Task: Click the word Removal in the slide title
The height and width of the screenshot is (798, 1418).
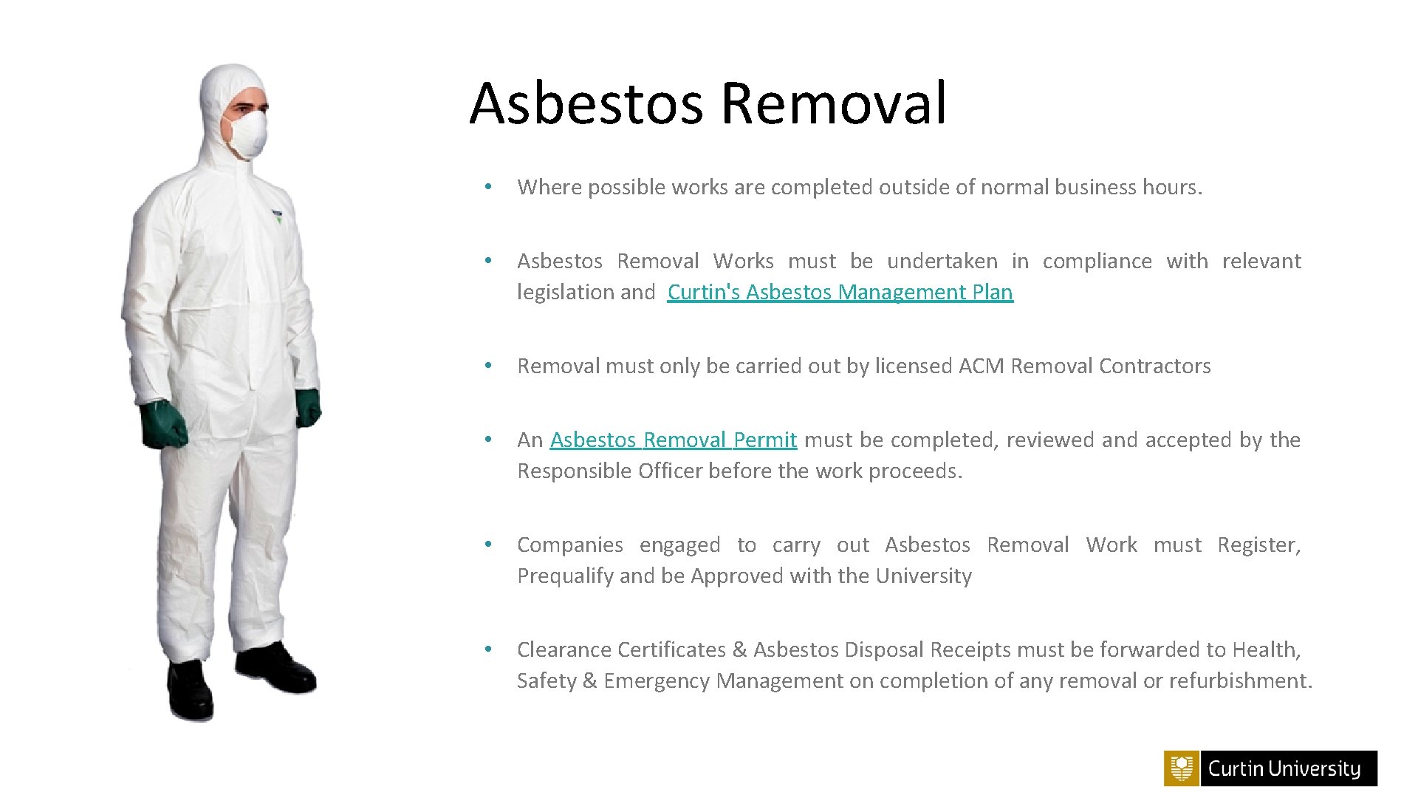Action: [x=833, y=103]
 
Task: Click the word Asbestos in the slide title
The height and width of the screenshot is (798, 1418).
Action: [x=586, y=103]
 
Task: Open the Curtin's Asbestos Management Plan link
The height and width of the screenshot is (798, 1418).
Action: [x=840, y=293]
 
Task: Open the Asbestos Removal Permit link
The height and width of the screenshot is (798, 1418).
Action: [x=673, y=440]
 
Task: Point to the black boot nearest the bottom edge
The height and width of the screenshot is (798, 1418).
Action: [x=190, y=691]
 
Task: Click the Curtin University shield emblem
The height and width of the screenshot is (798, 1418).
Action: [x=1182, y=768]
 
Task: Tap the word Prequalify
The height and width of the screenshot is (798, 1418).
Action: [x=565, y=576]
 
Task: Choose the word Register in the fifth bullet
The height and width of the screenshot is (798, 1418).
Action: [x=1258, y=545]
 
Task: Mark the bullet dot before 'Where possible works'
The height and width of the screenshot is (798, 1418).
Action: [x=487, y=187]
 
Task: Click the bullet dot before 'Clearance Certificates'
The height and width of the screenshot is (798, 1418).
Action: [x=487, y=649]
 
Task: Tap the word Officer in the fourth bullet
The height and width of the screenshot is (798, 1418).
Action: [x=670, y=471]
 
